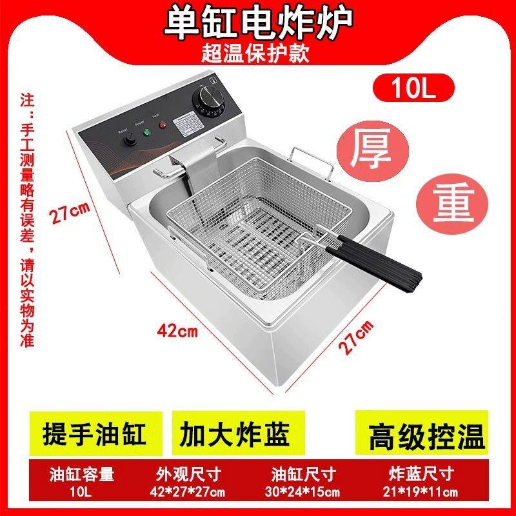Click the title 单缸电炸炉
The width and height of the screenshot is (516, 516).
(258, 22)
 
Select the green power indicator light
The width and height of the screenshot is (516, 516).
(146, 134)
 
